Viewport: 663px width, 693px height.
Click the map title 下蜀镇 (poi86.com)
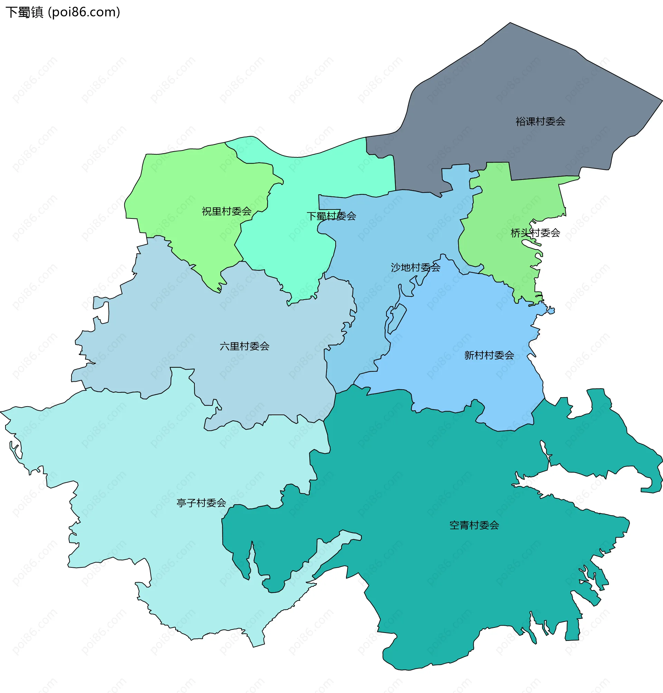click(x=63, y=12)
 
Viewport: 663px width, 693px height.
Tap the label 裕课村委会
click(x=540, y=121)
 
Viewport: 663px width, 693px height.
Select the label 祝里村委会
click(x=227, y=211)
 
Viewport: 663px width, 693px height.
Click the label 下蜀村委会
click(x=331, y=216)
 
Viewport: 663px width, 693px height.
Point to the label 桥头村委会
click(x=536, y=233)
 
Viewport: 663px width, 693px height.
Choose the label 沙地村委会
click(x=416, y=267)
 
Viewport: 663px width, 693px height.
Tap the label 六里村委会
click(x=244, y=346)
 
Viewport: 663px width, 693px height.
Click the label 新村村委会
click(x=489, y=355)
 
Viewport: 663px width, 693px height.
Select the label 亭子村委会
click(x=201, y=503)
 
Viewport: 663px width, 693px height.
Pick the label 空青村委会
click(x=474, y=525)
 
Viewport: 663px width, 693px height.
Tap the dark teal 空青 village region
click(x=442, y=583)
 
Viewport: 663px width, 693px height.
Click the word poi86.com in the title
click(x=84, y=12)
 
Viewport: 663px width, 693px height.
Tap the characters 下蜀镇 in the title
click(x=24, y=12)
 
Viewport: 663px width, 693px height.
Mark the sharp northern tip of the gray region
click(x=510, y=23)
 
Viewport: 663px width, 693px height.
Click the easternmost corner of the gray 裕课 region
click(x=662, y=101)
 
